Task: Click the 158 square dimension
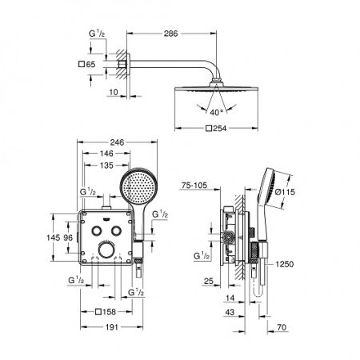point(106,311)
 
